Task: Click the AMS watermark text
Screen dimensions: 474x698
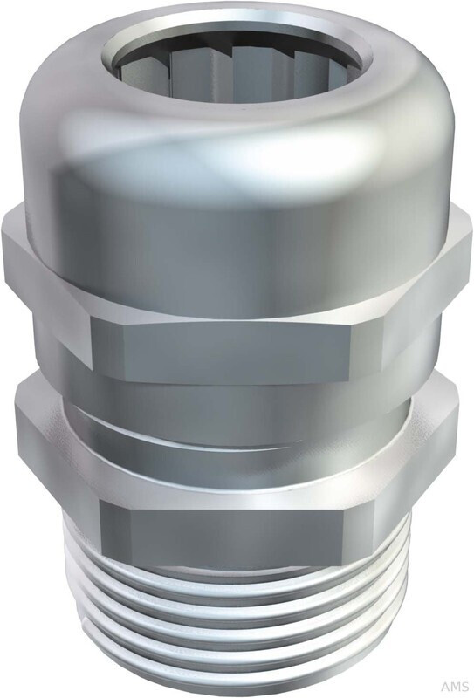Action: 456,687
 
